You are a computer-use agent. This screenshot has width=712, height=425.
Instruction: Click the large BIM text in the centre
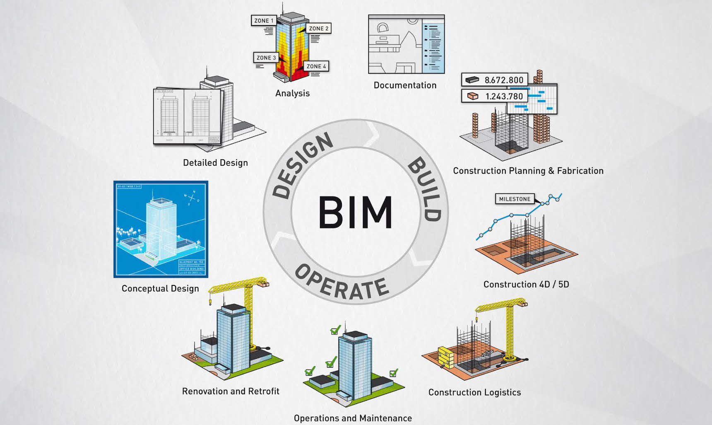355,212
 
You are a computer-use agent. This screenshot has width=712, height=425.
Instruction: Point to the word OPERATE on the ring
342,282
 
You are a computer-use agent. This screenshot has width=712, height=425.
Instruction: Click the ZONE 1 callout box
264,21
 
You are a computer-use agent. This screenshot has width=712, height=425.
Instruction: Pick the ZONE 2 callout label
318,29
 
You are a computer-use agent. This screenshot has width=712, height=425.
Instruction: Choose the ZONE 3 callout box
266,58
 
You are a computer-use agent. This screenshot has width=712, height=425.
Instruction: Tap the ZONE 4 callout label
316,66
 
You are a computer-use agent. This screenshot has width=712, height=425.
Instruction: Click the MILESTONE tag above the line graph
515,199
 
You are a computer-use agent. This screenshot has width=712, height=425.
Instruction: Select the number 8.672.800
504,80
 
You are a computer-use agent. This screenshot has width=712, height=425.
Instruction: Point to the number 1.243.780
504,97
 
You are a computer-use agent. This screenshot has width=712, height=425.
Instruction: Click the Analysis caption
292,94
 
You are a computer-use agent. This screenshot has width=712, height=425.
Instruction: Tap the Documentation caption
405,85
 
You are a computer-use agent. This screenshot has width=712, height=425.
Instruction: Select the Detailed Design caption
215,163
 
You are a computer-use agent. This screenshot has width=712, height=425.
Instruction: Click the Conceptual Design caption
160,289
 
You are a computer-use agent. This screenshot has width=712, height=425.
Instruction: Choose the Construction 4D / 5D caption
526,285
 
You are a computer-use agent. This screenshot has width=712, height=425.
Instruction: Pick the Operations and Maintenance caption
353,418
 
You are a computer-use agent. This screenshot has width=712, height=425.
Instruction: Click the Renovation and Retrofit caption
231,391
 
